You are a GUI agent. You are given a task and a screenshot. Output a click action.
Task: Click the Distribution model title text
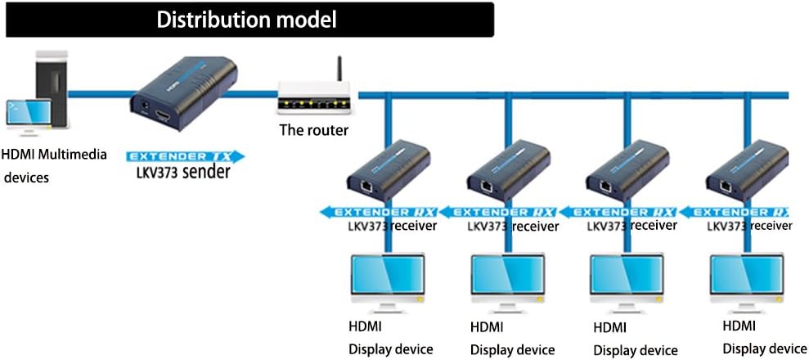point(246,20)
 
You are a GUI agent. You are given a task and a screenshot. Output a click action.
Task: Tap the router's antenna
point(339,69)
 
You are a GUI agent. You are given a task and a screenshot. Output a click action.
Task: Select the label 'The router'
point(313,129)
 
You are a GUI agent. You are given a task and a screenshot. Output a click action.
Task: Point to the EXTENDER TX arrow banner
point(186,156)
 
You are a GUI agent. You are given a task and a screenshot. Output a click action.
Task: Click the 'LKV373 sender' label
point(183,172)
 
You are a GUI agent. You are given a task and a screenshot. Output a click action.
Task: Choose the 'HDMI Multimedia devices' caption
point(54,165)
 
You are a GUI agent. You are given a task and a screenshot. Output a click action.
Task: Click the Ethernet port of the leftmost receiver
point(366,187)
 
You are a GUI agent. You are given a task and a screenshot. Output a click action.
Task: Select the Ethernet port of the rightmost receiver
point(725,187)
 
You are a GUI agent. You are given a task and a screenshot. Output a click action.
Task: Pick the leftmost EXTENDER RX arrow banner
point(379,212)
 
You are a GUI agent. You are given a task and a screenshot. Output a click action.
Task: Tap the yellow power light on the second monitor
point(541,299)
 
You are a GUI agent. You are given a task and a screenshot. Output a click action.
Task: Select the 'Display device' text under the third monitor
point(635,349)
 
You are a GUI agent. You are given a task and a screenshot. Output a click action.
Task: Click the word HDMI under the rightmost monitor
point(739,326)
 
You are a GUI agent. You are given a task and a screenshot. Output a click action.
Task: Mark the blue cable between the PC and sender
point(98,94)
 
